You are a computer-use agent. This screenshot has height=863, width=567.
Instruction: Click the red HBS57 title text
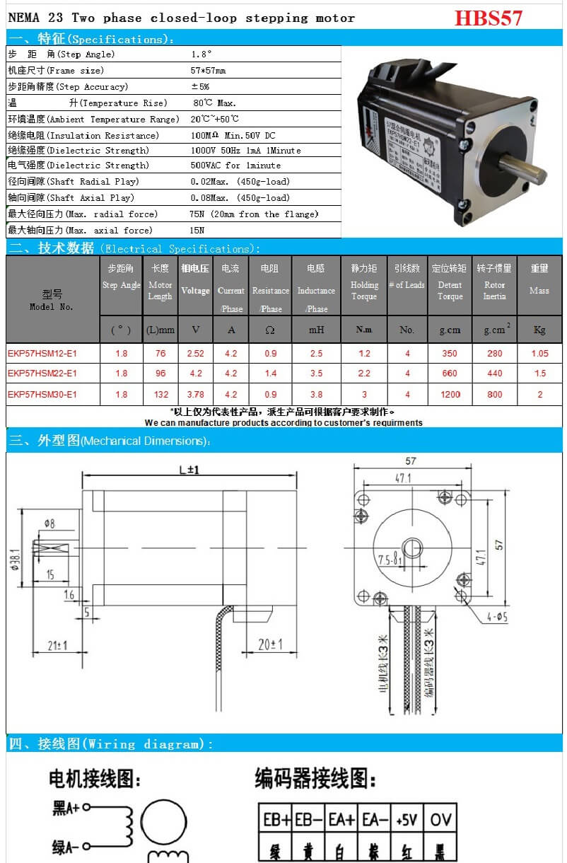click(x=488, y=18)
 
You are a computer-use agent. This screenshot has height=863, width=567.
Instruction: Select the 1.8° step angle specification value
click(x=201, y=54)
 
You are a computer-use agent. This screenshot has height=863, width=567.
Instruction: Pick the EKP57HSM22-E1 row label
click(x=42, y=373)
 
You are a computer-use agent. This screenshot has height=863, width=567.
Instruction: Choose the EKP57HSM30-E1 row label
click(x=42, y=395)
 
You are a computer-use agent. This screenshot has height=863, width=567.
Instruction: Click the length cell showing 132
click(x=160, y=395)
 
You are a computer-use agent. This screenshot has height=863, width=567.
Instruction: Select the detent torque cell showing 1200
click(x=450, y=395)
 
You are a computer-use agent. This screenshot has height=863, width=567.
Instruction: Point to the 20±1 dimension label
click(x=269, y=644)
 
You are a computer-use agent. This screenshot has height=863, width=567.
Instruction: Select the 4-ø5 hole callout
click(x=497, y=617)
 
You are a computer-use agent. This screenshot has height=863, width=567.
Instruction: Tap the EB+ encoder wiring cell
click(x=276, y=820)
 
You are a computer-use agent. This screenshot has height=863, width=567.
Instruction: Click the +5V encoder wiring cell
click(x=407, y=820)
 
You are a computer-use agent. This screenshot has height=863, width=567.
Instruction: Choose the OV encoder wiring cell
click(x=440, y=820)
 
